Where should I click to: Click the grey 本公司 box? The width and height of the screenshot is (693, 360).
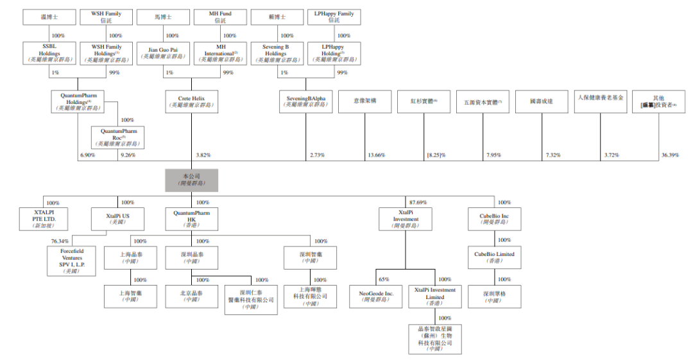tap(191, 180)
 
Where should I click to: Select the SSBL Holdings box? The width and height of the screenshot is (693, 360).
tap(49, 53)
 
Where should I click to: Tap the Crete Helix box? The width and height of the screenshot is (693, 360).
tap(191, 101)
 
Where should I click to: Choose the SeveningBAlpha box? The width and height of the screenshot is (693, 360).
tap(305, 101)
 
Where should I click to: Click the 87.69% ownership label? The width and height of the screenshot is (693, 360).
tap(418, 203)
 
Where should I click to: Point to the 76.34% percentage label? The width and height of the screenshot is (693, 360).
tap(60, 241)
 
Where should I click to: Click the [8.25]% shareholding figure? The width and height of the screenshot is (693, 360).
tap(436, 155)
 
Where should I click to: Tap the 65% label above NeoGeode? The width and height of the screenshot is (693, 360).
tap(384, 280)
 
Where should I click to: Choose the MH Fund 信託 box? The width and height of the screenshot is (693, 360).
tap(220, 17)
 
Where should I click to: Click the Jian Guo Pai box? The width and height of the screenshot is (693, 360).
tap(163, 53)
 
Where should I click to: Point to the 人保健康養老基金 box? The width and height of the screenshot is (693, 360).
tap(599, 101)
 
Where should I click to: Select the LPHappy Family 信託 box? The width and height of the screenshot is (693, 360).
tap(334, 17)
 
